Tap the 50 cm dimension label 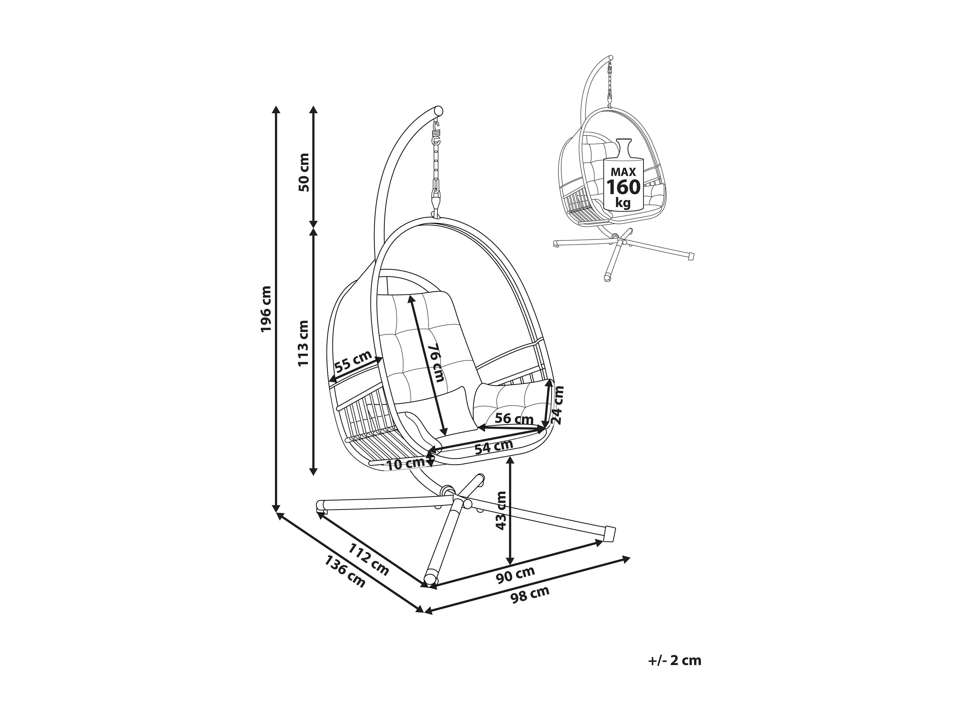(x=304, y=172)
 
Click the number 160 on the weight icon (x=623, y=187)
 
